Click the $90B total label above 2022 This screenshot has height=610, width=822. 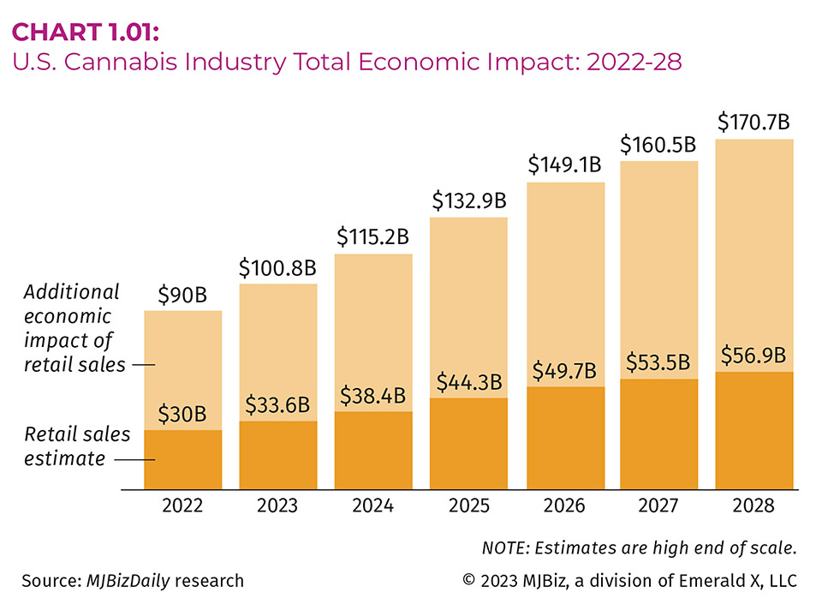[182, 296]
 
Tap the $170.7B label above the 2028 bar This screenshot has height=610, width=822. [753, 122]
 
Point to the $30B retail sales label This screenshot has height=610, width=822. [182, 415]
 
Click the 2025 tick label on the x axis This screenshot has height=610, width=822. [468, 505]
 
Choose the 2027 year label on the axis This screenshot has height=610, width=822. [658, 505]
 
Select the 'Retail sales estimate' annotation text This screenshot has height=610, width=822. [77, 446]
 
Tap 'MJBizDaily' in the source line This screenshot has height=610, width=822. [128, 581]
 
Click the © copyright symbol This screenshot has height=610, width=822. [468, 581]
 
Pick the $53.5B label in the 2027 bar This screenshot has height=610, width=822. [658, 363]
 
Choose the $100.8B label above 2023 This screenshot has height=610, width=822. [277, 268]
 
